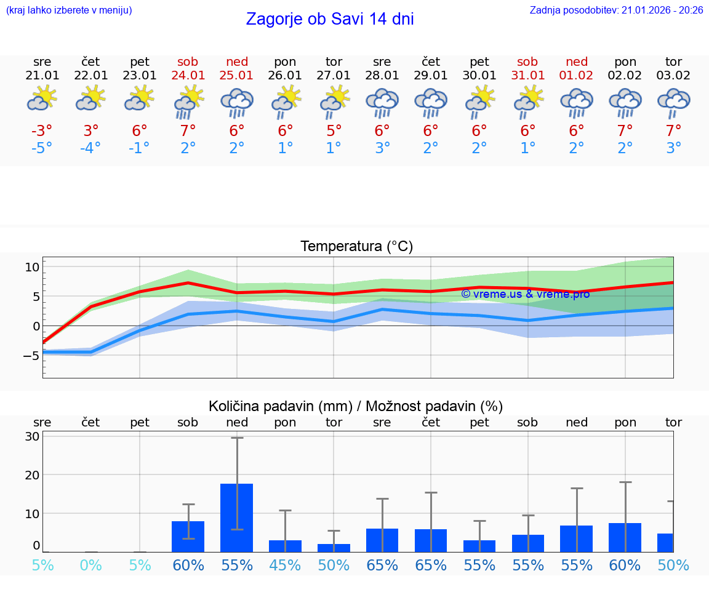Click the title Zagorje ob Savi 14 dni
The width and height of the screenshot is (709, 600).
330,19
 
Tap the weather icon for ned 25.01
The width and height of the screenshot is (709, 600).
237,102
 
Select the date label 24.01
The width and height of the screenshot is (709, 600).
188,76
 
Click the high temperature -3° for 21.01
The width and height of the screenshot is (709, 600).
42,131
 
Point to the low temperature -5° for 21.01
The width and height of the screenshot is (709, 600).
42,148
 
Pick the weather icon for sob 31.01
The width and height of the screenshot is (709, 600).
528,102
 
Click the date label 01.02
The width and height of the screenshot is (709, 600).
577,76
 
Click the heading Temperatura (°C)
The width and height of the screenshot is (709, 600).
356,247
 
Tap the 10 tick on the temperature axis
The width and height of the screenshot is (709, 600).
32,267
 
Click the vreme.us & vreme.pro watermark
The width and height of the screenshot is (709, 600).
525,294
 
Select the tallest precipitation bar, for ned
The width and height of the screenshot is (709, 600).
237,518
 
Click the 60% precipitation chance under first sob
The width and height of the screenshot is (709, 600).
188,565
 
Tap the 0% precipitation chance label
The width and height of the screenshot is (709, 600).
91,565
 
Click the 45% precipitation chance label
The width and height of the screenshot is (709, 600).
286,565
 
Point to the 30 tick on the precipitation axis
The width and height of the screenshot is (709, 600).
33,436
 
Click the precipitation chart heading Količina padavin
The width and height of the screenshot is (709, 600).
356,406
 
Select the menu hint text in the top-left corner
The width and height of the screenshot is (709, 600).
68,10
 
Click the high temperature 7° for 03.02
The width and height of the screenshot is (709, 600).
673,131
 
